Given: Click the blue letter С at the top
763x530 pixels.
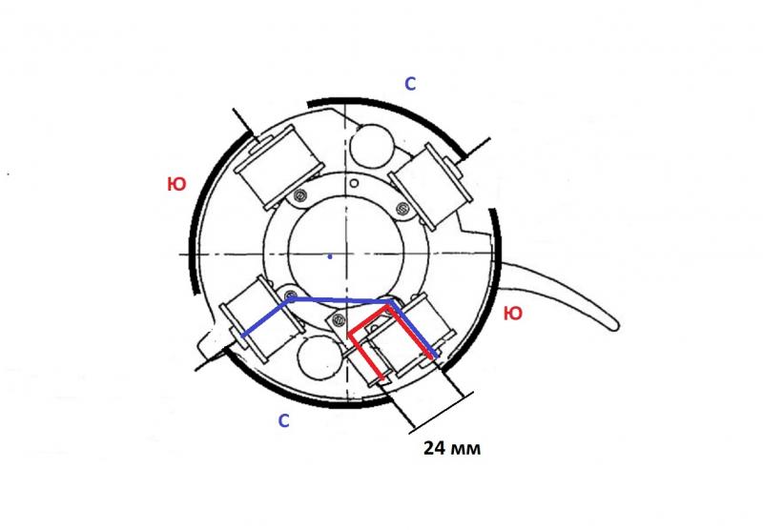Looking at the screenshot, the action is click(410, 84).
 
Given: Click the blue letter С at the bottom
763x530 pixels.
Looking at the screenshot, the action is click(283, 420).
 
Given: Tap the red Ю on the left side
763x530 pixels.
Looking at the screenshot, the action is click(176, 184).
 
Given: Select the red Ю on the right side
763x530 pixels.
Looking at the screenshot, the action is click(513, 314).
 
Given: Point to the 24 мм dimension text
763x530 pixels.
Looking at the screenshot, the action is click(452, 448).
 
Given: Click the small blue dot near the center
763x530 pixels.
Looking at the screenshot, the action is click(330, 256).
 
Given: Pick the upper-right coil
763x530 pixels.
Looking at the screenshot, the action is click(430, 186).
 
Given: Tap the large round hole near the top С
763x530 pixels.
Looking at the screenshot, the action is click(372, 146).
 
